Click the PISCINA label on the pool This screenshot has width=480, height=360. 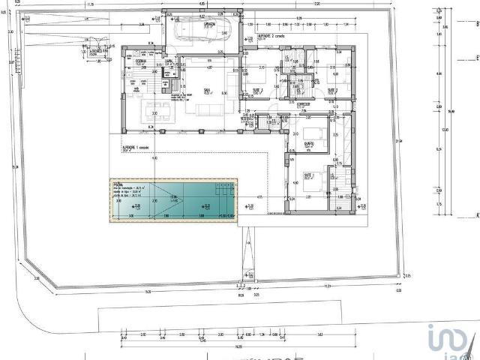118,183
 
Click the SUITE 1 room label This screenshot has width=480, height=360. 257,90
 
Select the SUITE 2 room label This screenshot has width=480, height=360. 331,90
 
